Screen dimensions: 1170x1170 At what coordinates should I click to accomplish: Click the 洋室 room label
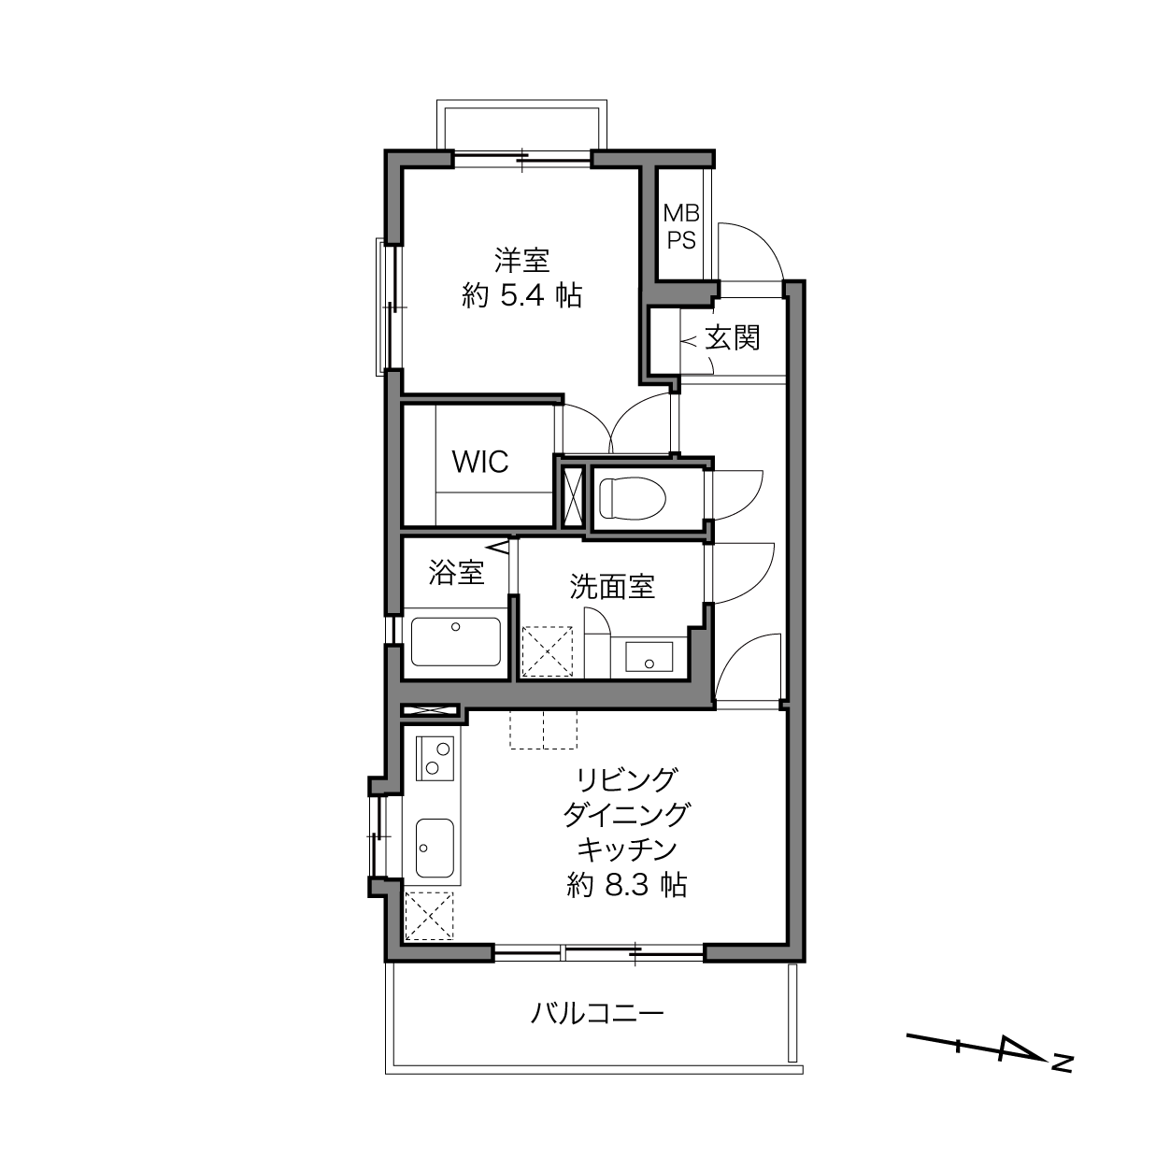click(521, 261)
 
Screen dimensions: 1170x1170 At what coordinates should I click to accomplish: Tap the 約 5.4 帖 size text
click(521, 295)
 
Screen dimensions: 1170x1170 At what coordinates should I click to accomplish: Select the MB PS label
click(681, 227)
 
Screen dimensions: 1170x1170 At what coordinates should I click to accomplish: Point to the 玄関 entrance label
click(733, 337)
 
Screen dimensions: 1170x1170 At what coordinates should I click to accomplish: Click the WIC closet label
click(480, 462)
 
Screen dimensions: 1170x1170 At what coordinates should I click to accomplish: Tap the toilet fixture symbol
click(633, 497)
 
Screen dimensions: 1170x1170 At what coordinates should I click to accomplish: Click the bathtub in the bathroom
click(456, 642)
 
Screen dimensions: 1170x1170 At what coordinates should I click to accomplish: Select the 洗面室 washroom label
click(612, 587)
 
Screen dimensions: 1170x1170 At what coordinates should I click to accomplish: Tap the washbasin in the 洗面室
click(649, 656)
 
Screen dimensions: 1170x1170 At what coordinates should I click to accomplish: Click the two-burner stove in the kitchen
click(435, 758)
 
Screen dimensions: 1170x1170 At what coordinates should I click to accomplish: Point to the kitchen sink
click(435, 848)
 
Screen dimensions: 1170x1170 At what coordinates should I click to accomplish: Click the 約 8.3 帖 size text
click(627, 885)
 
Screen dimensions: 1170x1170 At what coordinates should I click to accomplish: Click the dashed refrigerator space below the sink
click(429, 916)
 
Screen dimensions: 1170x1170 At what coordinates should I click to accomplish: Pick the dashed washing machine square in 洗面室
click(547, 651)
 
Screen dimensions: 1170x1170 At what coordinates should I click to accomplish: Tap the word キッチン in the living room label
click(627, 849)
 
